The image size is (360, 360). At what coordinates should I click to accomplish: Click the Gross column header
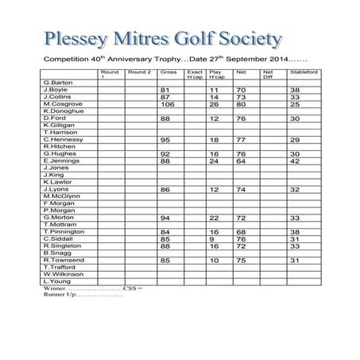(x=168, y=72)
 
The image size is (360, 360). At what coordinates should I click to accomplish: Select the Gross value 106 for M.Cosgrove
(x=168, y=104)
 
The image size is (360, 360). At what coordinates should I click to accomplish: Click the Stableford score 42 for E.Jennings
(x=296, y=161)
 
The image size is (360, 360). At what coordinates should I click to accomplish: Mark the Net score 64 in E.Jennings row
(x=242, y=161)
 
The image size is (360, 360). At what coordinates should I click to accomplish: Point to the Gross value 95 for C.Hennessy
(x=166, y=139)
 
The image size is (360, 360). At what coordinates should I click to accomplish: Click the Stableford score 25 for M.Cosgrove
(x=296, y=104)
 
